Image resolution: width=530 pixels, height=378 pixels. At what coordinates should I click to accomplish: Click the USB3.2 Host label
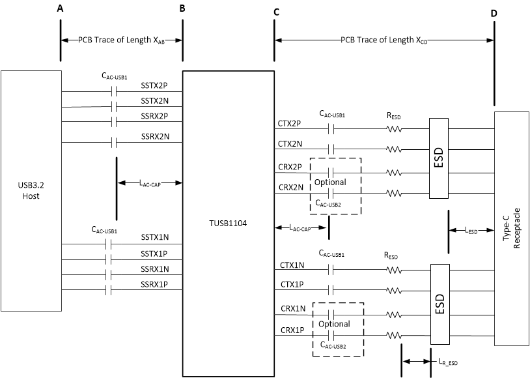(31, 190)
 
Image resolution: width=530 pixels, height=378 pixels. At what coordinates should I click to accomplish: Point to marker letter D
(494, 12)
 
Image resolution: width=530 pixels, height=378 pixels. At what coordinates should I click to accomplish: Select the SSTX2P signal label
(155, 85)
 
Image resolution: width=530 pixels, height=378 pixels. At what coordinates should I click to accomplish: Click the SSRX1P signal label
(155, 284)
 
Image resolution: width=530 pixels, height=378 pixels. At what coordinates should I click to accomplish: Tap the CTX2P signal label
(288, 123)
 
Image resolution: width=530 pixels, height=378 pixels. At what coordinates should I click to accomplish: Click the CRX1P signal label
(288, 330)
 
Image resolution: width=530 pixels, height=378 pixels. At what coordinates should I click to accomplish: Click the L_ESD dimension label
(471, 231)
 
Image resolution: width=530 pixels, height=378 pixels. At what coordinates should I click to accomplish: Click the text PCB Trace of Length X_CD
(384, 40)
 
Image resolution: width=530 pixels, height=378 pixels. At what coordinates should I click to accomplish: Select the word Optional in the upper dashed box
(330, 182)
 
